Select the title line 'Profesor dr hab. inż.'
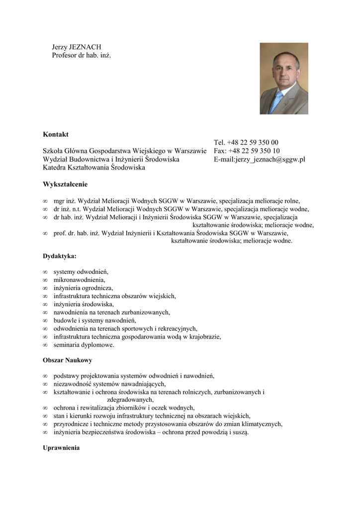pos(82,55)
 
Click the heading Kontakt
pos(56,134)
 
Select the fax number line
pos(247,151)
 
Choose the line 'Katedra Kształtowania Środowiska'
pos(94,168)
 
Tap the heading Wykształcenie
pos(65,184)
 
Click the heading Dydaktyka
pos(60,256)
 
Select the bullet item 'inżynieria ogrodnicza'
pos(84,288)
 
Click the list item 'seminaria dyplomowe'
pos(84,344)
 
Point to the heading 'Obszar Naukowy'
pos(67,359)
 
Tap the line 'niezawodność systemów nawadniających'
pos(109,384)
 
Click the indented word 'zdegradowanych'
pos(130,399)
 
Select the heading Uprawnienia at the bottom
pos(61,448)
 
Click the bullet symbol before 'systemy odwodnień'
pos(45,272)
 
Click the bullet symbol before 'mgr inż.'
pos(45,201)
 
